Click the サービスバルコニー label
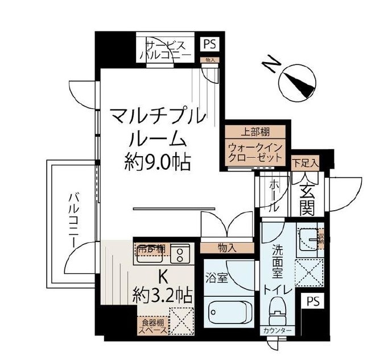(x=166, y=50)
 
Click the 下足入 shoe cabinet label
(x=306, y=163)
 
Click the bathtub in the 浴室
(x=228, y=312)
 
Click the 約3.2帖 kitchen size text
(x=162, y=296)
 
